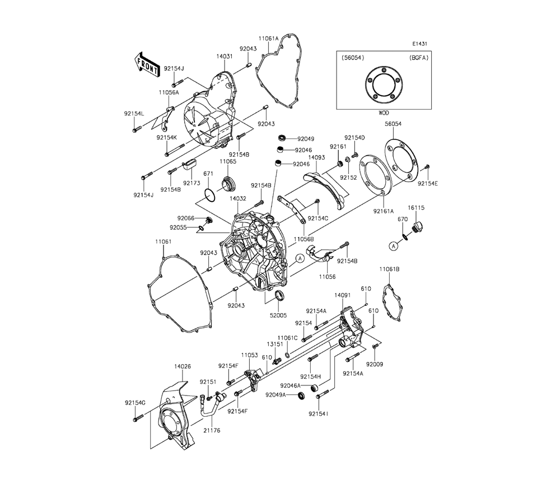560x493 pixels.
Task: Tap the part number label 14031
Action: (225, 57)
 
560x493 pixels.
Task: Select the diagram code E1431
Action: (419, 44)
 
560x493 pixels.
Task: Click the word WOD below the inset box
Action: (384, 113)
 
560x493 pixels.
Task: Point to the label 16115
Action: (417, 207)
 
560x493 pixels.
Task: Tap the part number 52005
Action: (278, 305)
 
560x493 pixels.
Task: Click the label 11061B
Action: (389, 269)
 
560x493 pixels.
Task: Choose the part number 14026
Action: (183, 366)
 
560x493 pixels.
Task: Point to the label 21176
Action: (212, 430)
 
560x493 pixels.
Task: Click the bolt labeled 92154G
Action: (138, 417)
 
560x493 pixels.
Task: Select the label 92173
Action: (192, 183)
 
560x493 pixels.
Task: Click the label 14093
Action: (316, 157)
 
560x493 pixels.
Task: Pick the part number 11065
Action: (228, 161)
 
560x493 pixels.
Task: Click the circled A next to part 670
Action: (394, 246)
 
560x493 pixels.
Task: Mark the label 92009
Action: (375, 364)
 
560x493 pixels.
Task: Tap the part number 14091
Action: (343, 295)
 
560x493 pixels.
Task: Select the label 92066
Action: (186, 218)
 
